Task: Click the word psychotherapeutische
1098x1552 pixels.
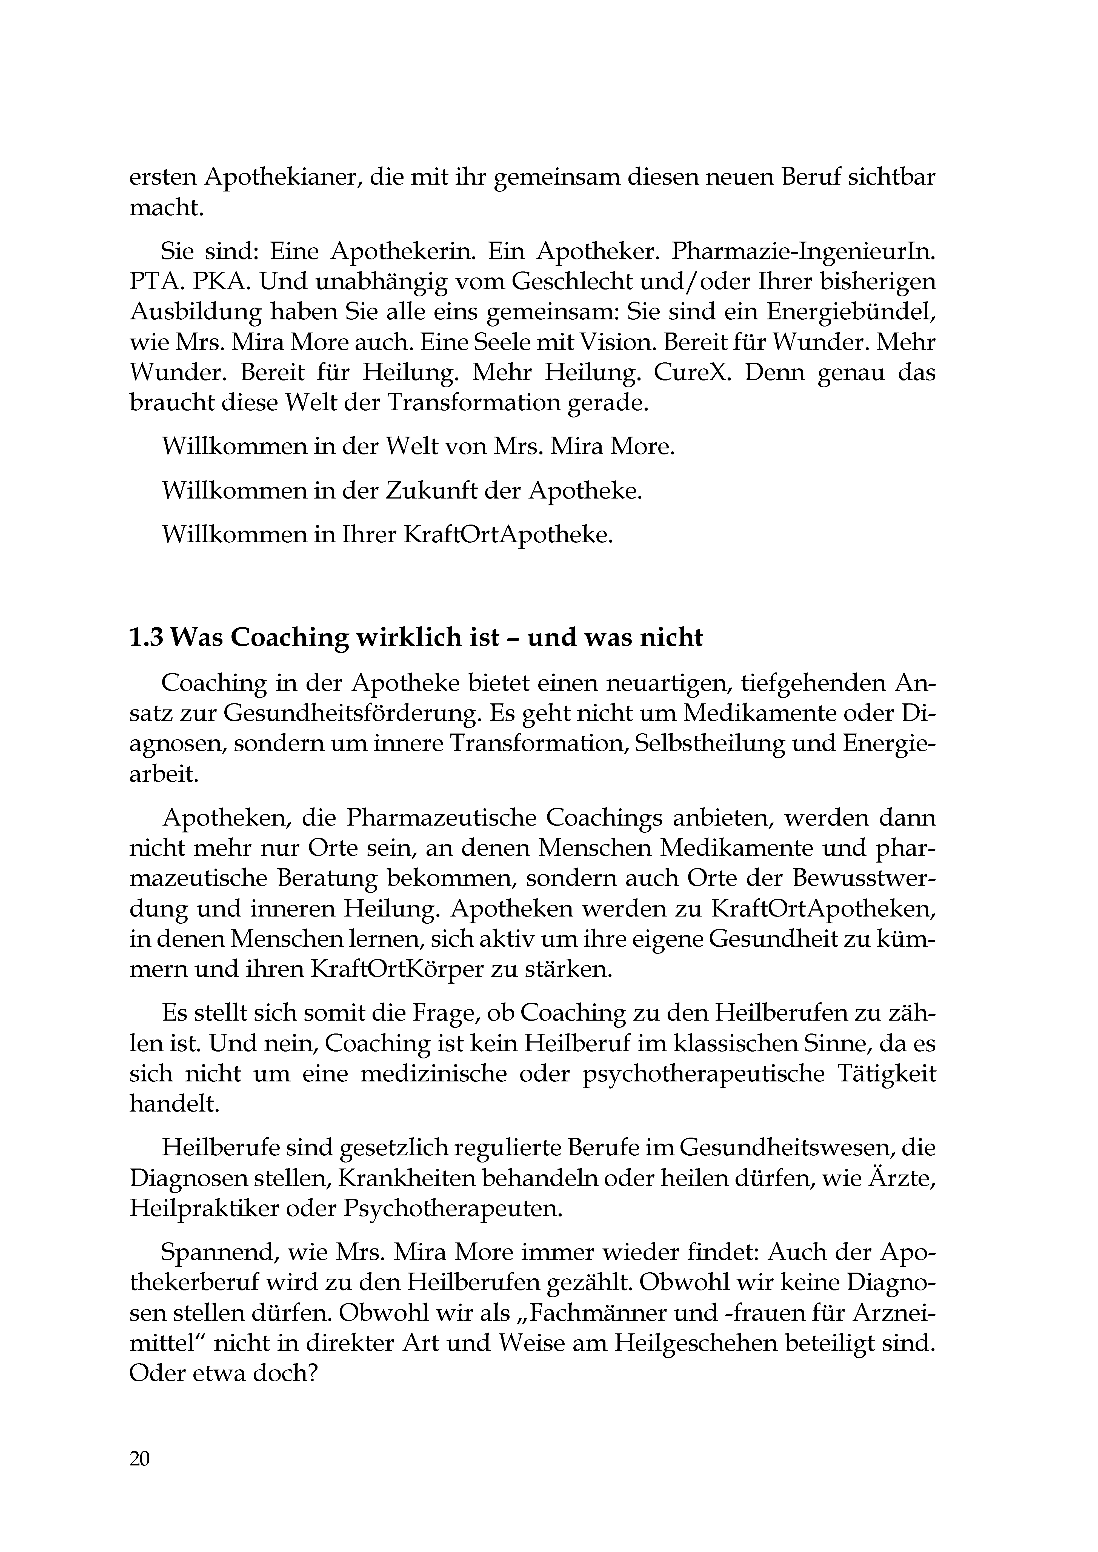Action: point(703,1074)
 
